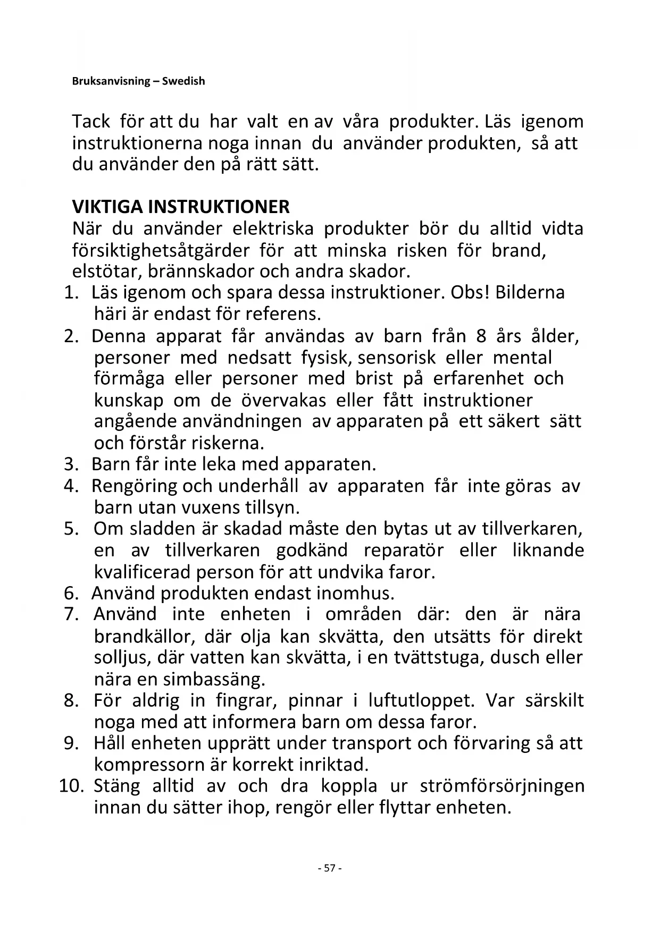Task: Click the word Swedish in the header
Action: coord(183,81)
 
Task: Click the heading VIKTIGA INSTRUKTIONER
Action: coord(181,207)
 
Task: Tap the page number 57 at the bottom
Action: coord(330,868)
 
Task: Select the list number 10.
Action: coord(71,786)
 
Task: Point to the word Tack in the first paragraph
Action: coord(91,122)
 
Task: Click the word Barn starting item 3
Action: coord(110,464)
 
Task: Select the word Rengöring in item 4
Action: coord(134,486)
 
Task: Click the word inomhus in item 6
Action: coord(355,593)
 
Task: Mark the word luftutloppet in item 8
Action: coord(421,700)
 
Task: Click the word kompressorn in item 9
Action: coord(145,765)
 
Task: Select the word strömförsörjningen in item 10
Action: coord(502,786)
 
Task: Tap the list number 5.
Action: coord(71,529)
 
